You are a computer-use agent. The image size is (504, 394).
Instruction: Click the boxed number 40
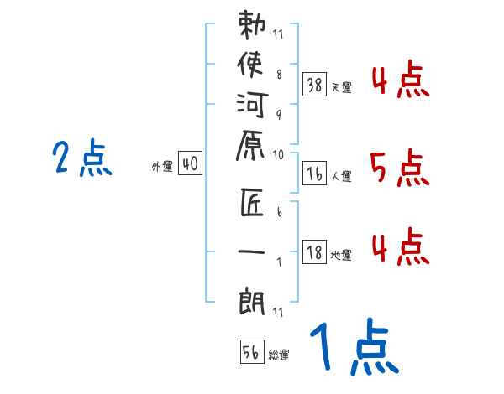tap(190, 165)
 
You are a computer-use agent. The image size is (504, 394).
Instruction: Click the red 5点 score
tap(399, 168)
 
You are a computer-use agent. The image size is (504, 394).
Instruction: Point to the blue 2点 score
tap(81, 157)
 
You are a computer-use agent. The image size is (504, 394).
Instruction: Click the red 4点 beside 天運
tap(400, 80)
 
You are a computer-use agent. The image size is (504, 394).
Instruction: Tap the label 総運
tap(280, 355)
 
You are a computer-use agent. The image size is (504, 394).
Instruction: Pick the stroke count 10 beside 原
tap(278, 155)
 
